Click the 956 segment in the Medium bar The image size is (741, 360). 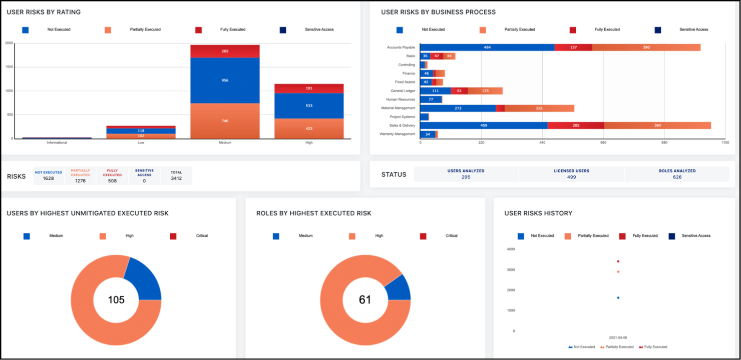click(x=225, y=80)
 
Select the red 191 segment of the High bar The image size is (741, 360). click(x=309, y=88)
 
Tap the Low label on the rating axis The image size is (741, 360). click(x=141, y=143)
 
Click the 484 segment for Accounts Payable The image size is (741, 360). click(x=487, y=47)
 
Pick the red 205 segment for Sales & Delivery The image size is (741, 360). click(x=576, y=125)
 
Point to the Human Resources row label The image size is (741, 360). click(x=401, y=99)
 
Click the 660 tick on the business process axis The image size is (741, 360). click(x=603, y=143)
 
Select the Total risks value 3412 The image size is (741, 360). click(x=176, y=178)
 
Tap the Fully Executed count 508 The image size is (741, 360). click(x=112, y=181)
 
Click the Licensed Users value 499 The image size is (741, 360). click(x=571, y=177)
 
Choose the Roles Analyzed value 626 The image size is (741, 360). click(x=677, y=177)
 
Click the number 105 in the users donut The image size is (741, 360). click(x=116, y=300)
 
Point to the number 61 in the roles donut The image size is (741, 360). click(x=365, y=300)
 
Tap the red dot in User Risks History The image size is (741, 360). click(x=618, y=261)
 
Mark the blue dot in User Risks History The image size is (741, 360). click(x=618, y=298)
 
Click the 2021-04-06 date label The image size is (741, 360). click(x=618, y=337)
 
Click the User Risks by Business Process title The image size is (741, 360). click(x=438, y=12)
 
